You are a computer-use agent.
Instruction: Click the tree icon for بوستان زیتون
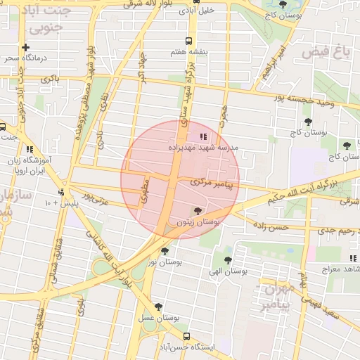[197, 210]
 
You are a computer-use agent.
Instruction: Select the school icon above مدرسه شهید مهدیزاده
[202, 136]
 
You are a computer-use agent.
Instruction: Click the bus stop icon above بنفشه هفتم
[188, 41]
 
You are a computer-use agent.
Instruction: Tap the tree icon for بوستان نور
[165, 250]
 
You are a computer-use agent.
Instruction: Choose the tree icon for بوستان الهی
[227, 259]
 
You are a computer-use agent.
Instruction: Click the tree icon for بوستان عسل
[159, 307]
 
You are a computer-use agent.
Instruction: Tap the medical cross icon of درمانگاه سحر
[26, 47]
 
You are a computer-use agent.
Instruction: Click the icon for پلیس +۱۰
[62, 192]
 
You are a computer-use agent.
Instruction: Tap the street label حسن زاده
[271, 227]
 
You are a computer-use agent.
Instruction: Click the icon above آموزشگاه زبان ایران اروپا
[29, 149]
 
